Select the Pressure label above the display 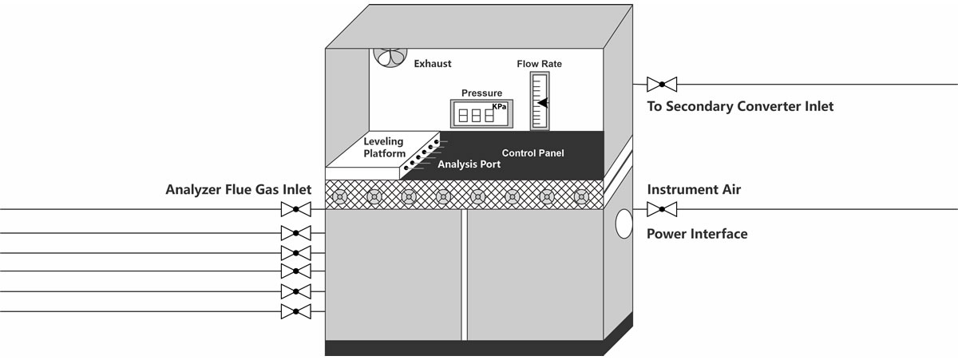point(481,93)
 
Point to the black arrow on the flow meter point(543,102)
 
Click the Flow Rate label point(540,63)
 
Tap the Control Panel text point(533,152)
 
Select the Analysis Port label point(469,165)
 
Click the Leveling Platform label point(385,148)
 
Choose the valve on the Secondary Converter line point(662,84)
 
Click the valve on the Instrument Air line point(662,210)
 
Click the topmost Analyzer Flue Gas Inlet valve point(296,210)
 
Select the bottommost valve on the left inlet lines point(296,311)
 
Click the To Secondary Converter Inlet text point(740,106)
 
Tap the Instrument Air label point(694,190)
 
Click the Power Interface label point(697,234)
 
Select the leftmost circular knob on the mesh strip point(340,196)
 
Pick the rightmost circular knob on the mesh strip point(580,196)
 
